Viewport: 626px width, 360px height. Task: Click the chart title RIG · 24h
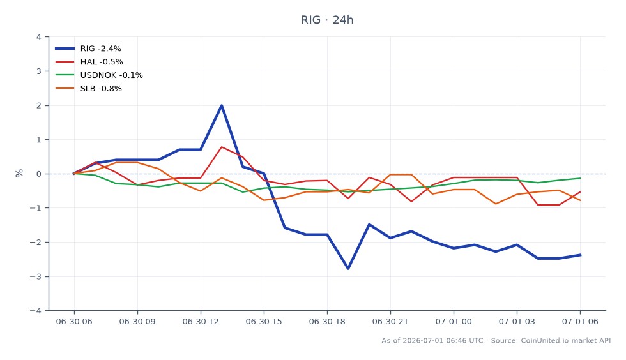point(327,20)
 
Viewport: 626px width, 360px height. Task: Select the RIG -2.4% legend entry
point(88,49)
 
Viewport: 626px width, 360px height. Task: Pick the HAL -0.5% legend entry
point(89,62)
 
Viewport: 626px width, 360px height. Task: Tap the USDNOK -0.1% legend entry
point(99,75)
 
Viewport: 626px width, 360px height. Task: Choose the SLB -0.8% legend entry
point(89,89)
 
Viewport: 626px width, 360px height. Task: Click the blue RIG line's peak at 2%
point(222,105)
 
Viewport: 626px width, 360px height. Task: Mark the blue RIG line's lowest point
point(348,269)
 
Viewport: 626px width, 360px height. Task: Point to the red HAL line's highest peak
point(222,147)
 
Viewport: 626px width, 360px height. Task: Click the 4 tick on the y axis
point(39,37)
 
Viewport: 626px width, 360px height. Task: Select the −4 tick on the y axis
point(36,310)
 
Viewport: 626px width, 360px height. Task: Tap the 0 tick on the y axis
point(39,174)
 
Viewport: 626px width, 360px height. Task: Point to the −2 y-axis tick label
point(36,243)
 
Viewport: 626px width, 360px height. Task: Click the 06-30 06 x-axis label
point(74,322)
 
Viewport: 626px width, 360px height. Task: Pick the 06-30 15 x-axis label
point(264,322)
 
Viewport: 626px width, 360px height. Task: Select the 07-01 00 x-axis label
point(454,322)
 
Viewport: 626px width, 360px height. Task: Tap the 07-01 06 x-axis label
point(580,322)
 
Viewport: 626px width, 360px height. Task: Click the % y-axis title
point(19,173)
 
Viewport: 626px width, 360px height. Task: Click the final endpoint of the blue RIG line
point(580,255)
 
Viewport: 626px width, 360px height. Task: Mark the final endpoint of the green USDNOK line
point(580,178)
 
